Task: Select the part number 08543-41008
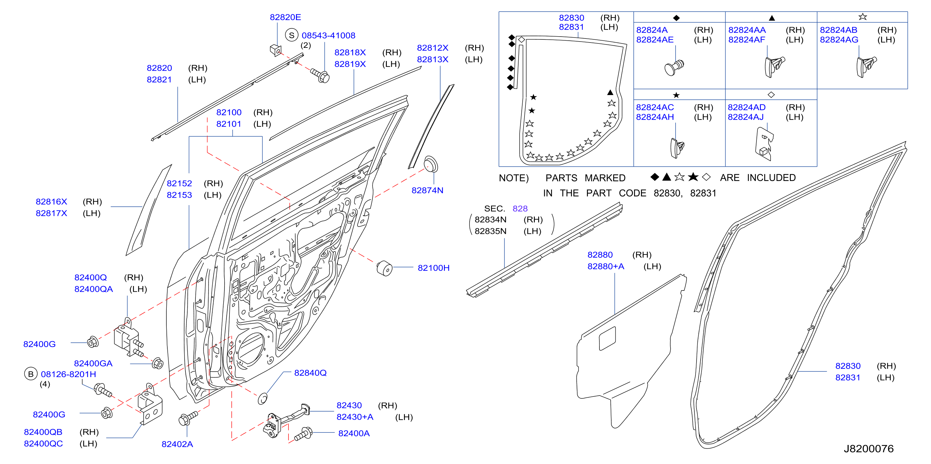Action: click(328, 35)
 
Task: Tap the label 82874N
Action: click(427, 190)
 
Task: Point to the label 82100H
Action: click(433, 268)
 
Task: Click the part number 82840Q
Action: click(310, 373)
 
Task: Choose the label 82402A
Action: click(177, 444)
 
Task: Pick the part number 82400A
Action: click(354, 433)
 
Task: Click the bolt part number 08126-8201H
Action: click(68, 374)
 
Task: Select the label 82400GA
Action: click(93, 363)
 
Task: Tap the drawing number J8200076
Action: click(869, 449)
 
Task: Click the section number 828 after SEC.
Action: click(520, 209)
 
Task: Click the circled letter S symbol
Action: click(292, 35)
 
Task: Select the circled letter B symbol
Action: click(31, 374)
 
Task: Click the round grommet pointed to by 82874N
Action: click(431, 164)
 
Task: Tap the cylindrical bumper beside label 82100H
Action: click(385, 269)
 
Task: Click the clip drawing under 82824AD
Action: click(764, 144)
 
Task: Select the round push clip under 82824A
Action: click(674, 67)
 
